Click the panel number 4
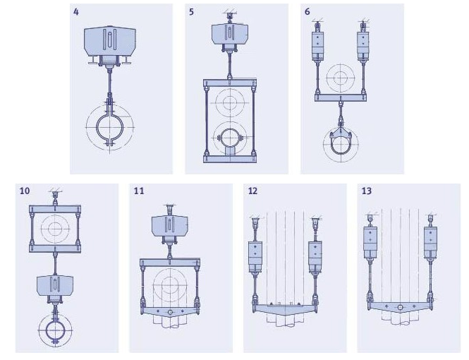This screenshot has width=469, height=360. click(x=76, y=12)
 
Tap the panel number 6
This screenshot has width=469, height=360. click(x=307, y=12)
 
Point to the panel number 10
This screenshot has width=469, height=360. click(x=25, y=191)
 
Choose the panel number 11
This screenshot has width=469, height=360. click(x=139, y=191)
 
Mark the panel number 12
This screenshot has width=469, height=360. click(x=253, y=191)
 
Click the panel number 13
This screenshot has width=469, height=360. click(x=367, y=191)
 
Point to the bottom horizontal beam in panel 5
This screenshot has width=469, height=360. click(x=229, y=159)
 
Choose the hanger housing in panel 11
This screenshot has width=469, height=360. click(x=169, y=227)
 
